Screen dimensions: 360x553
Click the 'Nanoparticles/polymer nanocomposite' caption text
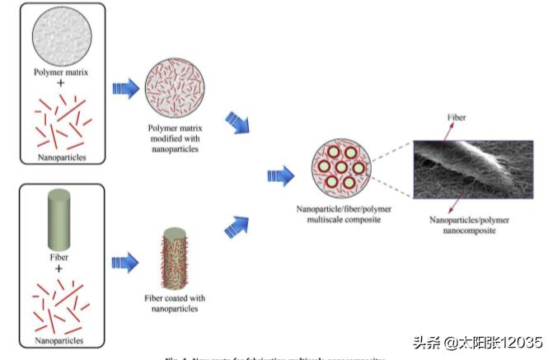point(466,226)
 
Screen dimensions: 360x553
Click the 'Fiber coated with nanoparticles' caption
point(174,302)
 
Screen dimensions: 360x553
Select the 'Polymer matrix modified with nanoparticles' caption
point(174,138)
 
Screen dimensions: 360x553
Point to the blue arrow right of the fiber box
point(124,262)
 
